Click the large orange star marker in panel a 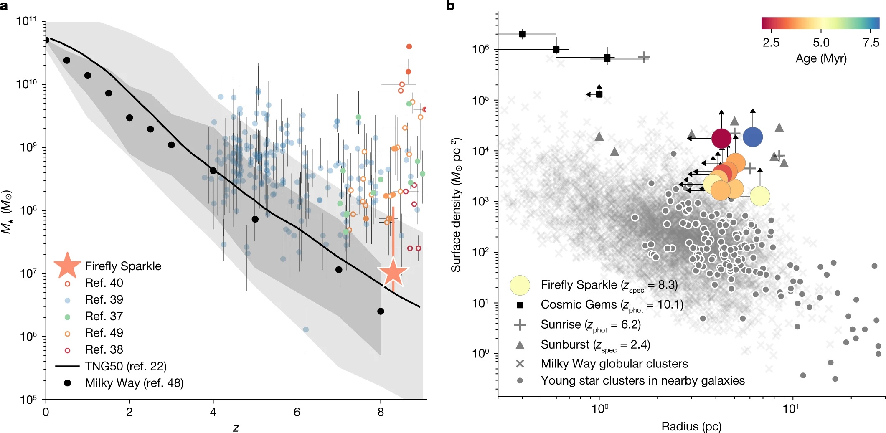pos(393,273)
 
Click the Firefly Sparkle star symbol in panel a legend pos(67,266)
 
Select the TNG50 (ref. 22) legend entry pos(125,366)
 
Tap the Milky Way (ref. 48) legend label pos(134,383)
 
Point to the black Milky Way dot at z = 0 pos(46,40)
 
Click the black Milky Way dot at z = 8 pos(381,311)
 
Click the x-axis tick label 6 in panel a pos(297,413)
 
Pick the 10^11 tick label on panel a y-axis pos(26,21)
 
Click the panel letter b pos(450,5)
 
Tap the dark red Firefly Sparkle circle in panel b pos(721,138)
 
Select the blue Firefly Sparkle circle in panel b pos(753,137)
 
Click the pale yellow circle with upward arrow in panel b pos(760,196)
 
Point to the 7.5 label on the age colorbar pos(871,43)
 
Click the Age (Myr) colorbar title pos(821,58)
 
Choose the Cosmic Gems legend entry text pos(612,305)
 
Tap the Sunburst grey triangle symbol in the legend pos(520,345)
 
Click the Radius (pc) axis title pos(691,426)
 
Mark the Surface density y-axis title pos(456,205)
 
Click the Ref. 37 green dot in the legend pos(67,317)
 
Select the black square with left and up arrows pos(599,94)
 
